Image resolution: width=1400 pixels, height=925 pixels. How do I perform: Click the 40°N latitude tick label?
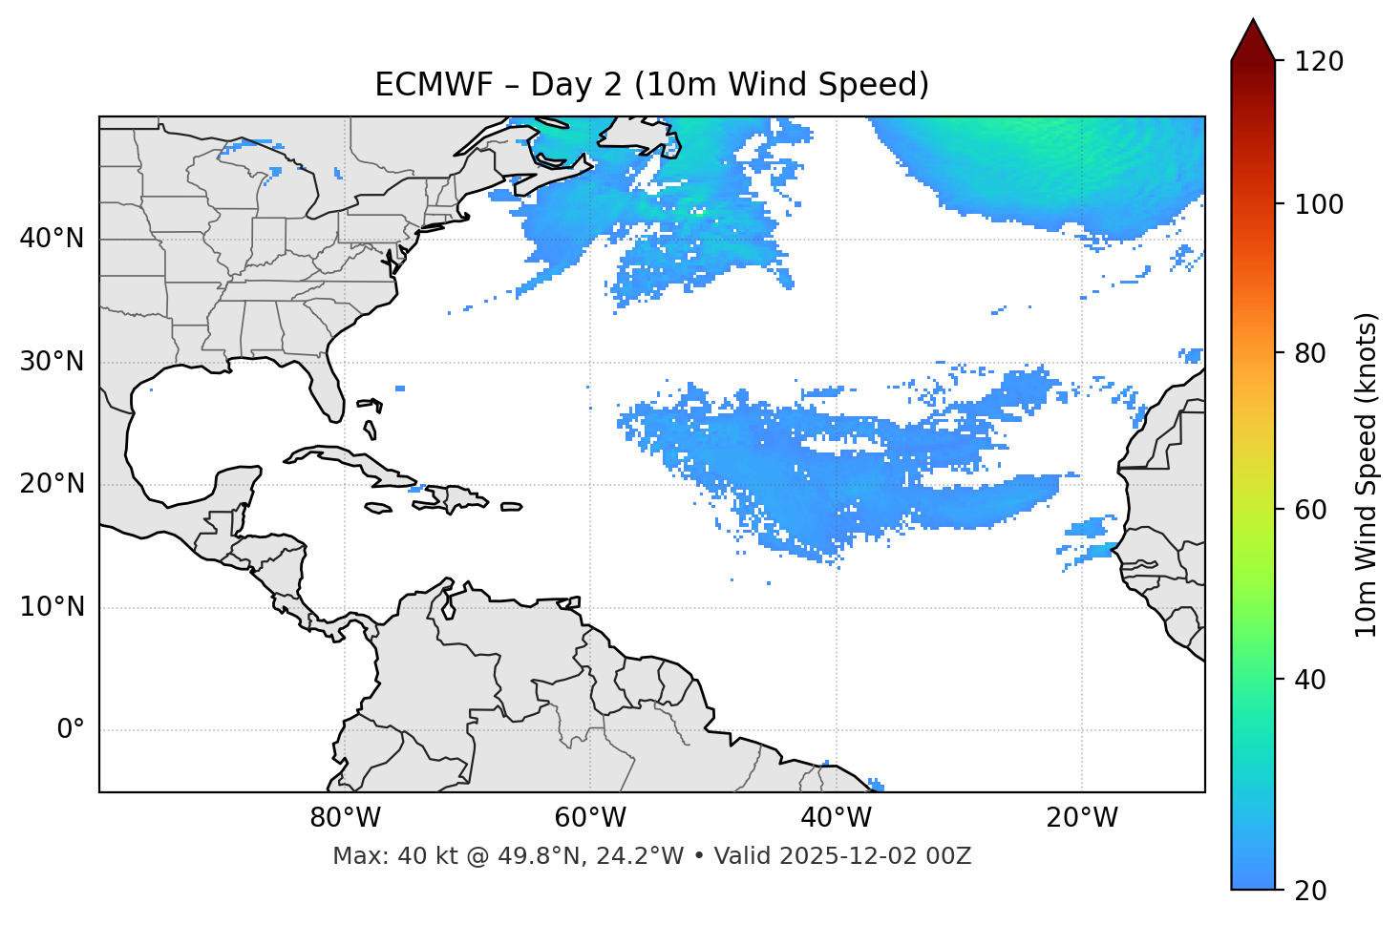52,239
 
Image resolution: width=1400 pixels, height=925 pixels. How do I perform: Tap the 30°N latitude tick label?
52,362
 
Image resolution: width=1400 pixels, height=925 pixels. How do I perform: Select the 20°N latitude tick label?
52,484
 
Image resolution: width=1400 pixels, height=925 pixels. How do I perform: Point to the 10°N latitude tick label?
52,607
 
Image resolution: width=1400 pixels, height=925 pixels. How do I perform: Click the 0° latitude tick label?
71,730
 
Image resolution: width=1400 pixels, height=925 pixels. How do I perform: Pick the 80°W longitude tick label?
345,818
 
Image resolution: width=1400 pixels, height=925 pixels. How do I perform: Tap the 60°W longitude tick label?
590,818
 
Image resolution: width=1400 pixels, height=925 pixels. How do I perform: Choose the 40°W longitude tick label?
836,818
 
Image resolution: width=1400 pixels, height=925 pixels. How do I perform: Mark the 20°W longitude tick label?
1082,818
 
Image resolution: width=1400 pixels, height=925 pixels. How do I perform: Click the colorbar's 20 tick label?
1311,891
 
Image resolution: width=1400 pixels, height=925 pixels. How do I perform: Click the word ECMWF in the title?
420,85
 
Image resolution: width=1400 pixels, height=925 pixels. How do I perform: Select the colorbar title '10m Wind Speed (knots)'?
1367,474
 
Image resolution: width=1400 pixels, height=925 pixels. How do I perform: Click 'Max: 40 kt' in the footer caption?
380,856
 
